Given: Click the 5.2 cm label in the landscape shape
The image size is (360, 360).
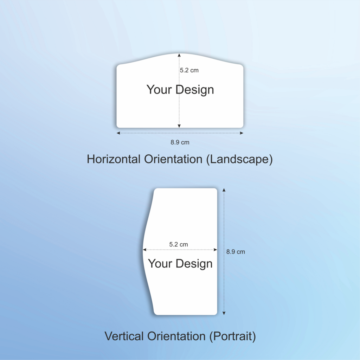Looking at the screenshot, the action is pos(189,70).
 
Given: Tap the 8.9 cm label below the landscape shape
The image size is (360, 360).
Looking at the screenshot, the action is pos(180,142).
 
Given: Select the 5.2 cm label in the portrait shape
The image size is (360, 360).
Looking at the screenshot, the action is pos(178,244).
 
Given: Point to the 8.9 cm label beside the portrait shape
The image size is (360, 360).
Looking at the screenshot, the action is pos(236,252).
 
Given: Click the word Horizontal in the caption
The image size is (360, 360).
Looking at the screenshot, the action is pos(114,159).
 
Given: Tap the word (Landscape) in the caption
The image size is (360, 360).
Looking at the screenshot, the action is pos(239,159).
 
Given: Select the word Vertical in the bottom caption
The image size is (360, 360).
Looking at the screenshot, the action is pos(124,336).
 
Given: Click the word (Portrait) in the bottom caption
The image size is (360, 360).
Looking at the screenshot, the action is pos(232,336).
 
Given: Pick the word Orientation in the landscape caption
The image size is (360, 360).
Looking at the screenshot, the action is pos(173,159).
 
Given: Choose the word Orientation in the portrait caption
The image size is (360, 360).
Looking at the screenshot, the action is pos(176,336).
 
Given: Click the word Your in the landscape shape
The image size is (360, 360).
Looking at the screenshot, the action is pos(159,89).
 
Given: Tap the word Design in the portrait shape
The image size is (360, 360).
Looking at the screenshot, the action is pos(194,264).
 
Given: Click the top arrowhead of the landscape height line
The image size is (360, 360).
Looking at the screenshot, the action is pos(179,55).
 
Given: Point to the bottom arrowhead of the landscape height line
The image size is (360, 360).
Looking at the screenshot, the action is pos(179,126).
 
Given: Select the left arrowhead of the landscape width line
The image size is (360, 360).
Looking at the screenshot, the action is pos(118,133).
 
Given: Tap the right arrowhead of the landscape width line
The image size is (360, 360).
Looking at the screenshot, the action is pos(242,133).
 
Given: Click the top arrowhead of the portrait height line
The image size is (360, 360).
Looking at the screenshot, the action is pos(224,190).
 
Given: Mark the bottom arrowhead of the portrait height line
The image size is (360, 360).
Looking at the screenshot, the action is pos(224,313).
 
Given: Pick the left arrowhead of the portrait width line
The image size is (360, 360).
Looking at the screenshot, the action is pos(144,250).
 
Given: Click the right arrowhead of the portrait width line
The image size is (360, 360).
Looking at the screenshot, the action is pos(216,250).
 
